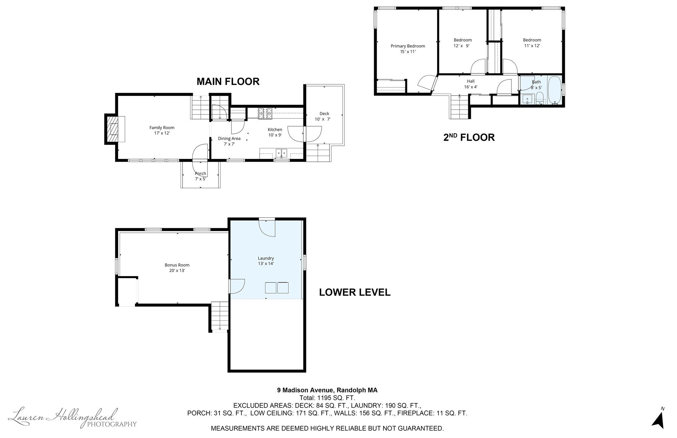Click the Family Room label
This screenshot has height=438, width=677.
click(x=162, y=130)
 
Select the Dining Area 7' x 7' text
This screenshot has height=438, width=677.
click(x=229, y=141)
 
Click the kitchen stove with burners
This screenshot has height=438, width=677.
click(x=265, y=113)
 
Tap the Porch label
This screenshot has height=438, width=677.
click(x=200, y=176)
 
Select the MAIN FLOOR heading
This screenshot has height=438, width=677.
click(x=228, y=82)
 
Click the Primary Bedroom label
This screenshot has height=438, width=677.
click(x=408, y=49)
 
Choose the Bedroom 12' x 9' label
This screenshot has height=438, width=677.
click(x=462, y=43)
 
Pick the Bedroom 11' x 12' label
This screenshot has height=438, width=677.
click(x=532, y=43)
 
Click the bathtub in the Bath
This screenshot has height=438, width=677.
click(x=554, y=90)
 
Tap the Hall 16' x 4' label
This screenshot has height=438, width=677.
click(x=470, y=84)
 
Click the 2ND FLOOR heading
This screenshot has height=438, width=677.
click(x=469, y=137)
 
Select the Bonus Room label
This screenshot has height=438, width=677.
click(x=177, y=267)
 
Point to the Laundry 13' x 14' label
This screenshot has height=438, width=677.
click(x=266, y=261)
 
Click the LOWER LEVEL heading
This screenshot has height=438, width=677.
click(x=355, y=292)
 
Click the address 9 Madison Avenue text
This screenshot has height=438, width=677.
click(x=327, y=390)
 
